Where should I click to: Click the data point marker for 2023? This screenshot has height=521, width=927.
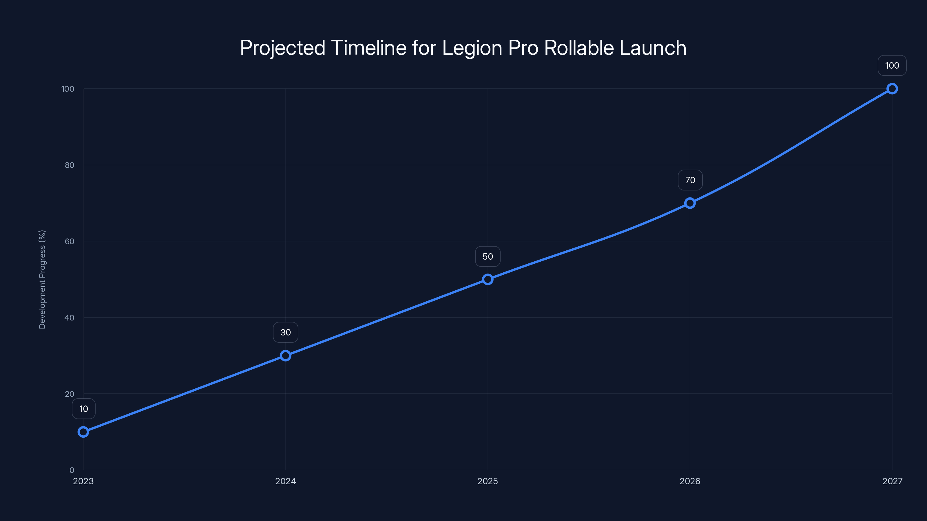point(83,432)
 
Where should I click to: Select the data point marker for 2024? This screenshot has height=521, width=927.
point(285,356)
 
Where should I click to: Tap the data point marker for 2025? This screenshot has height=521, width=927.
point(488,279)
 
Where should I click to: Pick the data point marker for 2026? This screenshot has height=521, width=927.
point(690,203)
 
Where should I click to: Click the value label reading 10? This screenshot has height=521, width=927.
point(83,409)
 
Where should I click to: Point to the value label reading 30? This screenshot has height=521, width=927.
point(285,332)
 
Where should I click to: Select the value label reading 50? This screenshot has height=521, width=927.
point(488,256)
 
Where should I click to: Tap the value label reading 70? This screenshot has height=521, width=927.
point(690,180)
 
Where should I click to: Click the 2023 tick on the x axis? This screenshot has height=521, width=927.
point(83,481)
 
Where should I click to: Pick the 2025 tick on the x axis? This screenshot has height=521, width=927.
point(488,481)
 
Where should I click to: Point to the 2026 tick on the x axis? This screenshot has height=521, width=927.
point(690,481)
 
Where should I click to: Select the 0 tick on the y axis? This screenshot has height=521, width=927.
point(72,470)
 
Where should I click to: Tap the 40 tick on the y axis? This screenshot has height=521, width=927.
point(70,318)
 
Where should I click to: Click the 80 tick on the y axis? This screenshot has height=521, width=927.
point(70,165)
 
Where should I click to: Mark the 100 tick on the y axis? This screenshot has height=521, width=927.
point(68,89)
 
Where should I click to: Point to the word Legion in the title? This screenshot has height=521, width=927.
point(472,48)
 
